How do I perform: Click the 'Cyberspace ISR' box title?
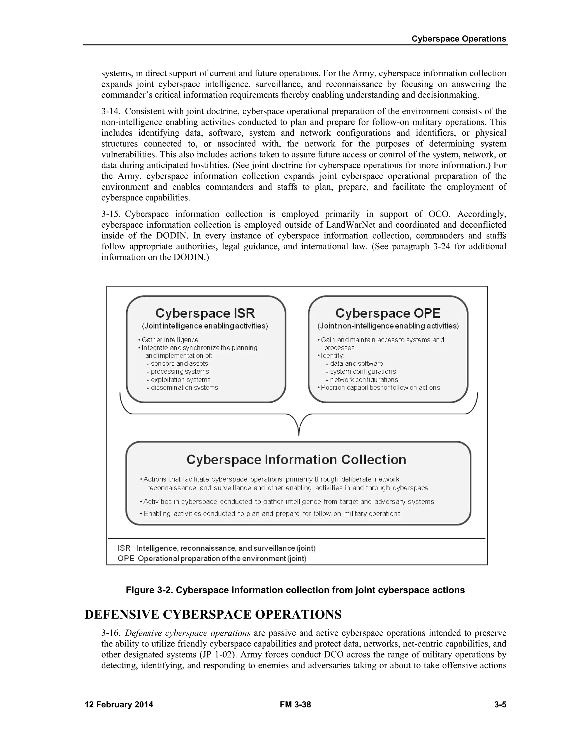click(205, 313)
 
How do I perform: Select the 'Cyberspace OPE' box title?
click(388, 313)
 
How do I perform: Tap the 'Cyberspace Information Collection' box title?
click(296, 460)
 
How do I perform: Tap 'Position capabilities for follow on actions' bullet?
click(380, 387)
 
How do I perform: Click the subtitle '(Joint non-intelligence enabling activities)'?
click(388, 326)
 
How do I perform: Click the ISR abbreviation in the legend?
click(124, 548)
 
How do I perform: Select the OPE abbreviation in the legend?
click(126, 559)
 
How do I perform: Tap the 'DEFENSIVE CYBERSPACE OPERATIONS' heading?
click(213, 614)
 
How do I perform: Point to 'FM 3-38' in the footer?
click(295, 705)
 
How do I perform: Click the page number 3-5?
click(500, 705)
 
